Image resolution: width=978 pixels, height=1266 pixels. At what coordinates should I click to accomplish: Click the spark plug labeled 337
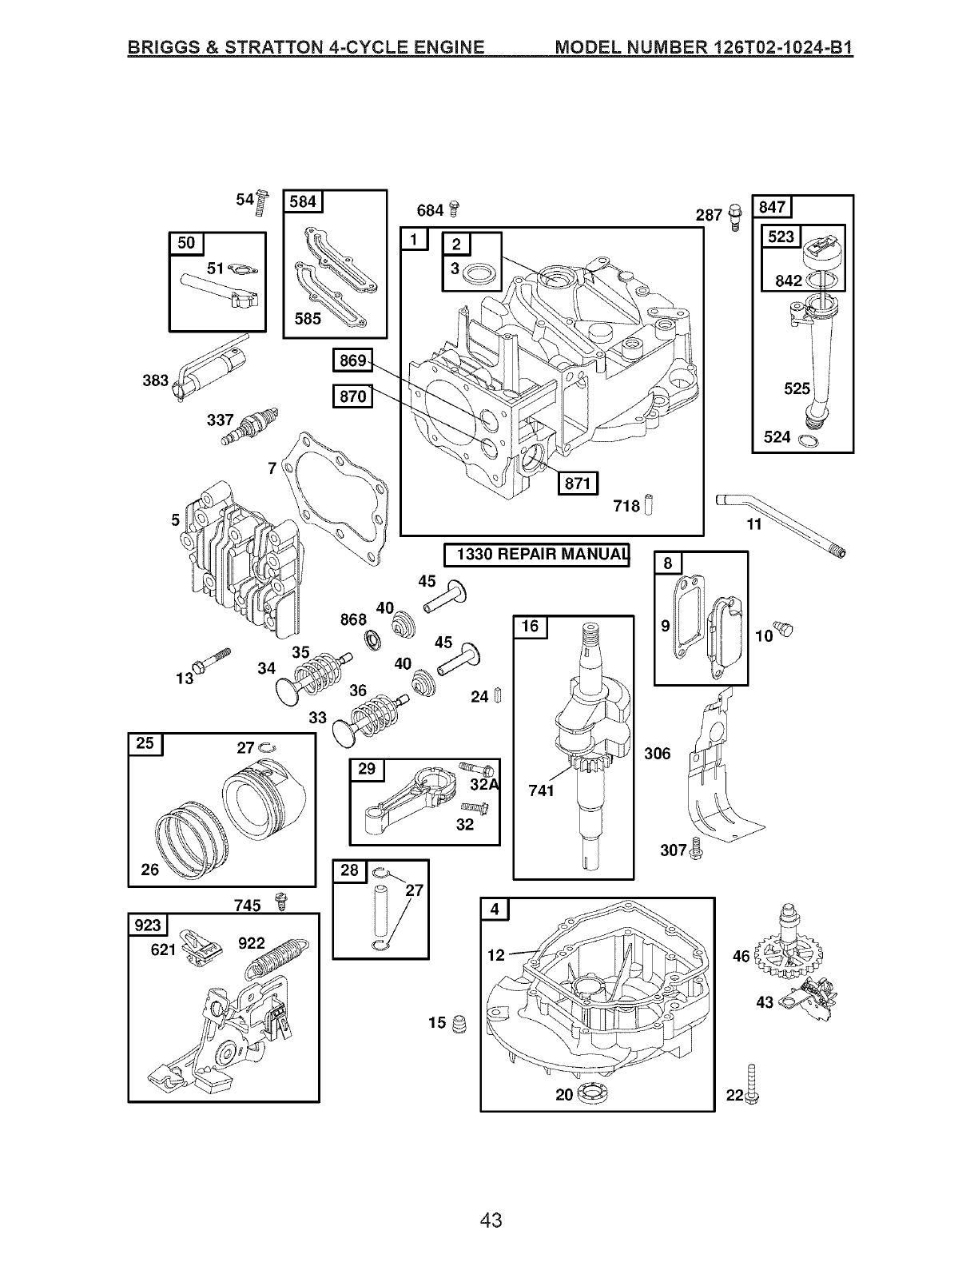pos(250,426)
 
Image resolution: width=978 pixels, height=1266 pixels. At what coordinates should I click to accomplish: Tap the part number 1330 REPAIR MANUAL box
pos(536,554)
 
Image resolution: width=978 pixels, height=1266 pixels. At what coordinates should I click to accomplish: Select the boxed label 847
pos(772,207)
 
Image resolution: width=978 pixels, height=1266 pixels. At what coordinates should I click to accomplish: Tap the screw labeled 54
pos(262,203)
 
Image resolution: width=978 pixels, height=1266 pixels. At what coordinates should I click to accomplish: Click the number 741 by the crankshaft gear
pos(541,790)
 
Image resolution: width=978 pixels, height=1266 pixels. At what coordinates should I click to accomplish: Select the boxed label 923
pos(148,925)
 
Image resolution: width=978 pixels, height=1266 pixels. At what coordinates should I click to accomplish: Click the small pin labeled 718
pos(649,504)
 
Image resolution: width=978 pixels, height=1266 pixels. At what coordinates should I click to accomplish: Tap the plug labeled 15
pos(459,1023)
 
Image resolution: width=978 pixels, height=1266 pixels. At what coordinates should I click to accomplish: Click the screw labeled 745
pos(281,901)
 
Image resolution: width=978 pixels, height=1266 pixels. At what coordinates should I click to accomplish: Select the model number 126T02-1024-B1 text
pos(782,46)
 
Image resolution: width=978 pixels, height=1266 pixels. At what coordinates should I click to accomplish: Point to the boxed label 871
pos(578,483)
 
